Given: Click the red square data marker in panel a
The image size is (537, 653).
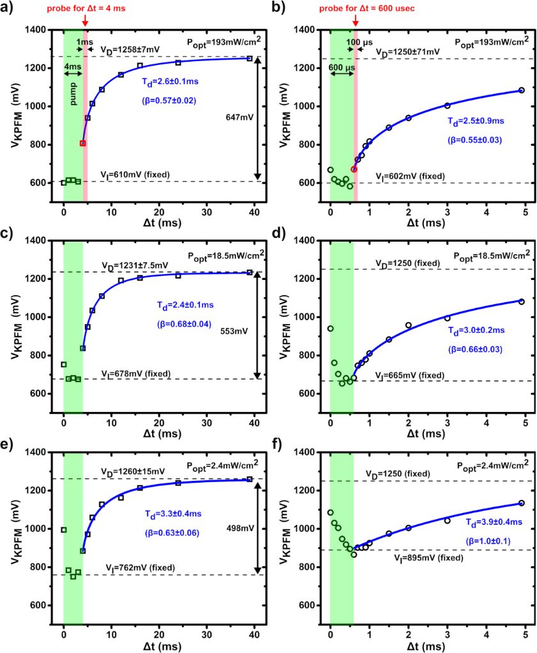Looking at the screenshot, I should pyautogui.click(x=82, y=143).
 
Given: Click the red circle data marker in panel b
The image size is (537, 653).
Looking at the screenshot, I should pyautogui.click(x=354, y=169).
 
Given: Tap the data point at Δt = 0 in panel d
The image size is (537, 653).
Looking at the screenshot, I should pyautogui.click(x=330, y=328).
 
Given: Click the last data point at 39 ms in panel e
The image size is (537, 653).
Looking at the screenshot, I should pyautogui.click(x=250, y=479).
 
